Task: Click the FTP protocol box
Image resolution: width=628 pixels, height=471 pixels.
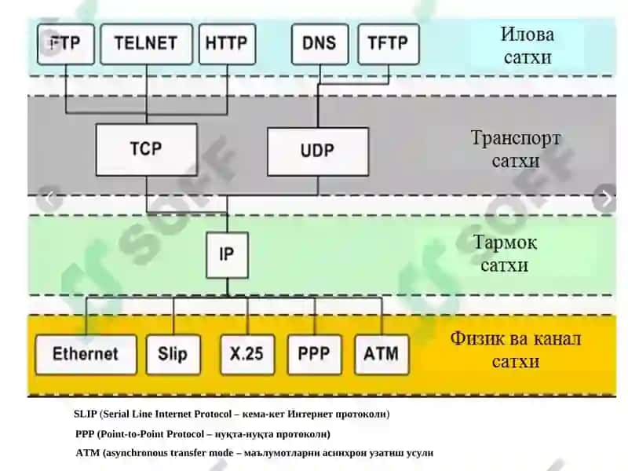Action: (66, 44)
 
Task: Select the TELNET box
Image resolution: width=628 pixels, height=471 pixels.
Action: (146, 44)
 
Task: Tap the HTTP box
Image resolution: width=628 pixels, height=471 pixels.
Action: (227, 44)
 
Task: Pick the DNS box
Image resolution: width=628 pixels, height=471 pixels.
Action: (319, 44)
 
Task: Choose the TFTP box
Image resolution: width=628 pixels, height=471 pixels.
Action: (388, 44)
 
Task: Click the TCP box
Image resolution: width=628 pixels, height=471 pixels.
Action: (146, 149)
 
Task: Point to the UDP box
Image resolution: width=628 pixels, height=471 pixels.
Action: (318, 152)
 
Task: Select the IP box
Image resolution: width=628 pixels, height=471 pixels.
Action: (227, 254)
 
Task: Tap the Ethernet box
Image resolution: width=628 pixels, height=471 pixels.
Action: (86, 355)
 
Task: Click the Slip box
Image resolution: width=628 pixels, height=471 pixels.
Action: (173, 355)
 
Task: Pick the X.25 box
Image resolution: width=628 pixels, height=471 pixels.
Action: (247, 355)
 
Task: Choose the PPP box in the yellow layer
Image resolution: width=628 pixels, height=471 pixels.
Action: (315, 355)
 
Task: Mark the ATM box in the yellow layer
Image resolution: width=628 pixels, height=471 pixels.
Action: (382, 355)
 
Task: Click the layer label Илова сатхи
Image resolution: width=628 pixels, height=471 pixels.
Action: (528, 46)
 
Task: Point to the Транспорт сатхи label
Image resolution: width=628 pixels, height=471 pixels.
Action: (516, 149)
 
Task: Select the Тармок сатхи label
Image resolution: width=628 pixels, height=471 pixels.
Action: (505, 254)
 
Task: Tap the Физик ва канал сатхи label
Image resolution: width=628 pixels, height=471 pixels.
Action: (516, 349)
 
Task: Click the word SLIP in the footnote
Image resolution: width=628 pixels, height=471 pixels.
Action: (86, 414)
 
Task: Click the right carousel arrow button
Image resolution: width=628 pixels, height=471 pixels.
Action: (605, 198)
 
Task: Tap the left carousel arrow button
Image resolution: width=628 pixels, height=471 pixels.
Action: (49, 198)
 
